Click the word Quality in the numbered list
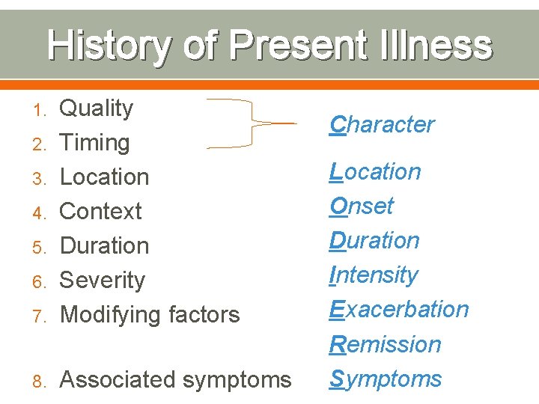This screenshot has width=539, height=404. coord(96,108)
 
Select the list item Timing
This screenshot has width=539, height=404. coord(94,143)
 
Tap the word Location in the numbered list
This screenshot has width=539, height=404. coord(104,177)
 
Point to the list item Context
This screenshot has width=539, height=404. coord(100,212)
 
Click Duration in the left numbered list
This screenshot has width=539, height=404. coord(104,246)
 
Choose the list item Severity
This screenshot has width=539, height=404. coord(102,281)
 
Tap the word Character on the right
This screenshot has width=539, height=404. coord(382,124)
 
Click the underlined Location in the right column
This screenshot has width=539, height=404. coord(375,171)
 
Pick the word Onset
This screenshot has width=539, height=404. coord(362,206)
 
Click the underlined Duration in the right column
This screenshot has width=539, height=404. coord(374,240)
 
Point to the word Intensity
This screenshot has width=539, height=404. coord(374,275)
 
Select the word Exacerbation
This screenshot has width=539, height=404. coord(399,309)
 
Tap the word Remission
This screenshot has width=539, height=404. coord(386,344)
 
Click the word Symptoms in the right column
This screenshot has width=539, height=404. coord(386,379)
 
